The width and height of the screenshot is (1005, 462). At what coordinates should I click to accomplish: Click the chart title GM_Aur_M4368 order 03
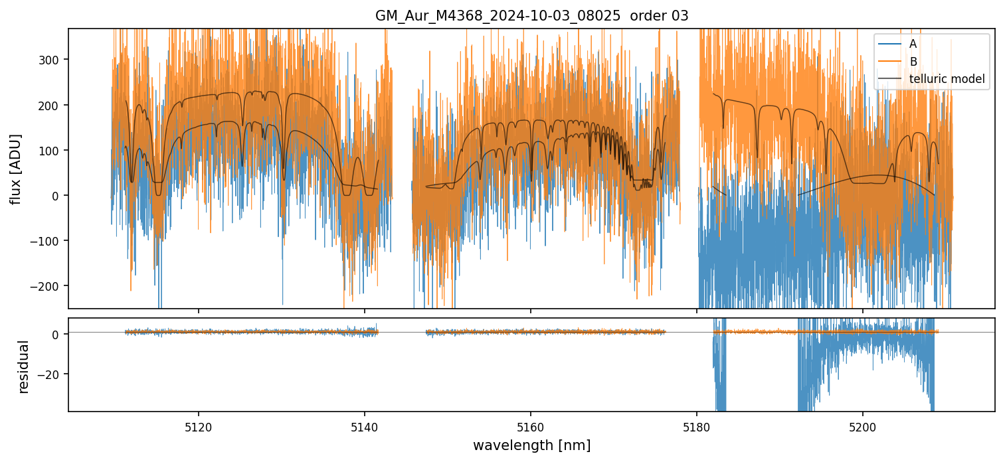(x=531, y=16)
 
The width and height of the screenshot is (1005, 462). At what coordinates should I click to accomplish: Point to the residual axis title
(x=24, y=366)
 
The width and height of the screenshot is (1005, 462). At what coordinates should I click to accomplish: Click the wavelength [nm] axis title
(x=531, y=445)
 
